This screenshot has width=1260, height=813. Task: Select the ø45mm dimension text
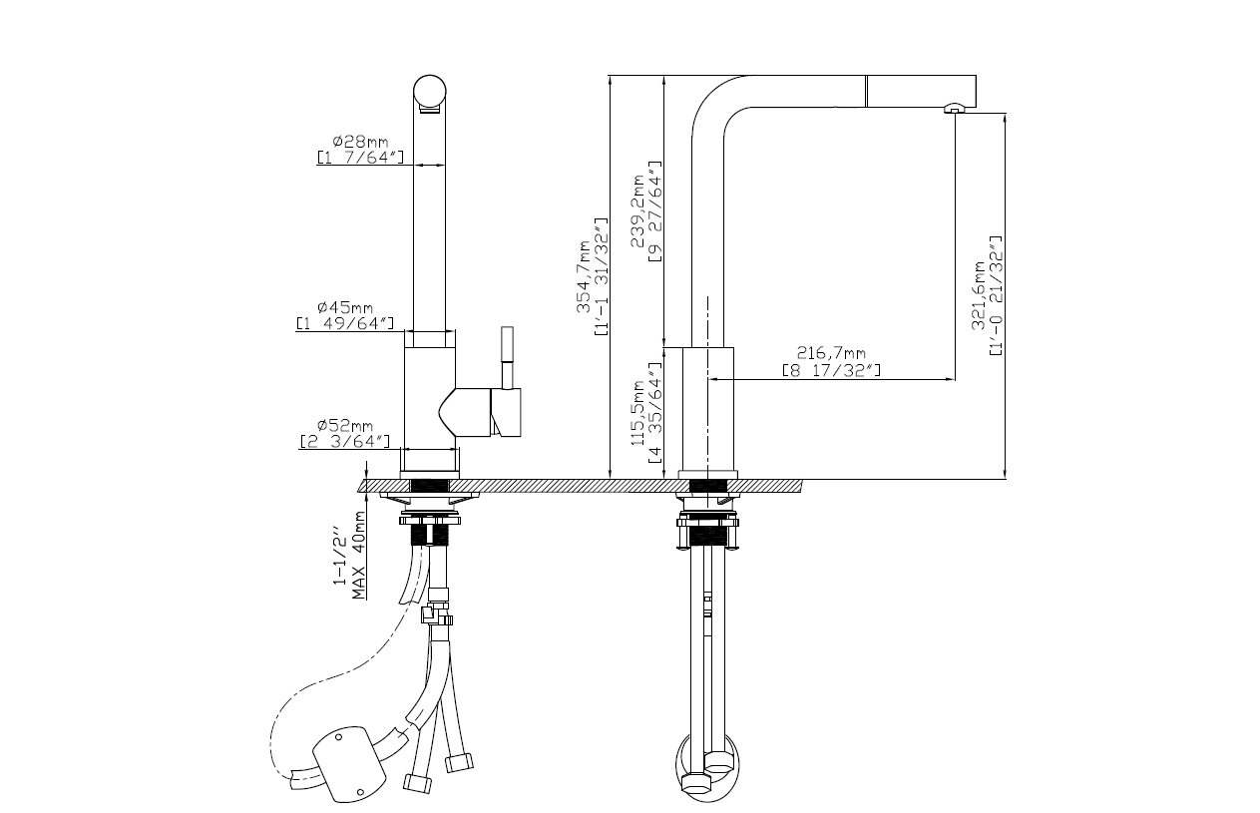click(345, 307)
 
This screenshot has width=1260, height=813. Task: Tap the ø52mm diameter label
click(345, 425)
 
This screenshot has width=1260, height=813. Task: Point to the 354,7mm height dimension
click(584, 276)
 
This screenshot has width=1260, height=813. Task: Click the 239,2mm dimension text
click(637, 211)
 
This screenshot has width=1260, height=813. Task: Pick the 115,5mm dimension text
click(637, 413)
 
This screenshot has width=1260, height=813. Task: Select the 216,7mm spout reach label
click(831, 353)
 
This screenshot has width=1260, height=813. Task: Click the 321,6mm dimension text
click(979, 295)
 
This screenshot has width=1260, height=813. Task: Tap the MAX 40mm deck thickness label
click(359, 555)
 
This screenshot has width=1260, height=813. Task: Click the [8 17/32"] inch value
click(831, 370)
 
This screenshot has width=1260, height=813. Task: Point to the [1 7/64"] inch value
click(360, 157)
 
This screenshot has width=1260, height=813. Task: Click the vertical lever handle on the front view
click(507, 357)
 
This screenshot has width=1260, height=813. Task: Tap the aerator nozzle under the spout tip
click(954, 108)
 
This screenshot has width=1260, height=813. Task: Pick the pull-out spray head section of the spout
click(921, 91)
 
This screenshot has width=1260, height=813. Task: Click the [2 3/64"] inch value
click(345, 442)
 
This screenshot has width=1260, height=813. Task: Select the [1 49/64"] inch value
click(345, 323)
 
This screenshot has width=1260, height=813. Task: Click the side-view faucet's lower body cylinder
click(708, 409)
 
